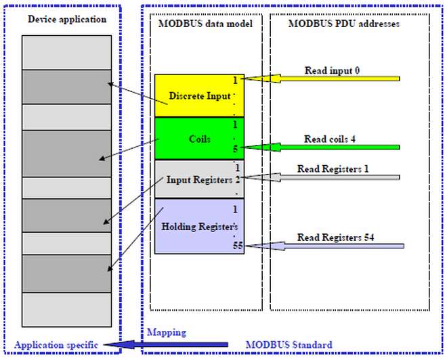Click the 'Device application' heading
pyautogui.click(x=67, y=20)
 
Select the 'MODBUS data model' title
pyautogui.click(x=205, y=24)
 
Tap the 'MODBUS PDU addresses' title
pyautogui.click(x=344, y=24)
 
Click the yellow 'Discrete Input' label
pyautogui.click(x=200, y=95)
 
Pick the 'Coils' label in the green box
pyautogui.click(x=200, y=139)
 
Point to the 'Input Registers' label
pyautogui.click(x=199, y=180)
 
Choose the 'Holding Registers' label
pyautogui.click(x=200, y=227)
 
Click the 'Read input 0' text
pyautogui.click(x=332, y=70)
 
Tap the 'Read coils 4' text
pyautogui.click(x=330, y=139)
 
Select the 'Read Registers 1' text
pyautogui.click(x=333, y=169)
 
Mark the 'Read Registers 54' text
pyautogui.click(x=335, y=238)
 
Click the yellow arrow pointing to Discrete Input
pyautogui.click(x=322, y=78)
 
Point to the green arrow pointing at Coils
pyautogui.click(x=322, y=148)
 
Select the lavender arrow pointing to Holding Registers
pyautogui.click(x=324, y=246)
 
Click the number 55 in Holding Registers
pyautogui.click(x=238, y=245)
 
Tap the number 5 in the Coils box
pyautogui.click(x=235, y=149)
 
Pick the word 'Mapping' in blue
pyautogui.click(x=167, y=332)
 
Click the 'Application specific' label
pyautogui.click(x=56, y=345)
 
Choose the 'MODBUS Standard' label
pyautogui.click(x=289, y=344)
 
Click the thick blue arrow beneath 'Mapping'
pyautogui.click(x=166, y=344)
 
